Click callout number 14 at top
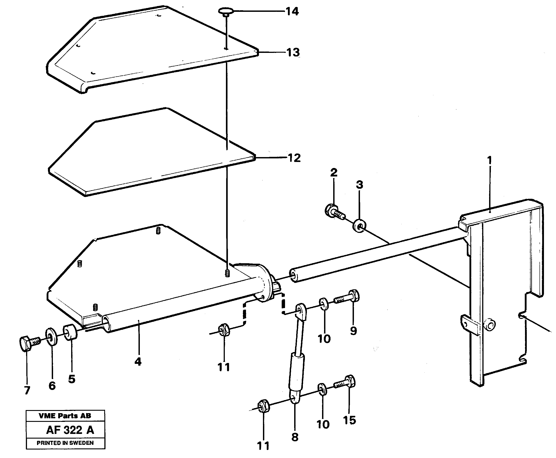[292, 12]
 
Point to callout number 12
[294, 158]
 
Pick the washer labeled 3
[359, 226]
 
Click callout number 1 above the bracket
[490, 160]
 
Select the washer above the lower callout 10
[322, 390]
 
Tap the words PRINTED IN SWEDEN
[65, 443]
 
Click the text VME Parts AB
[65, 416]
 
